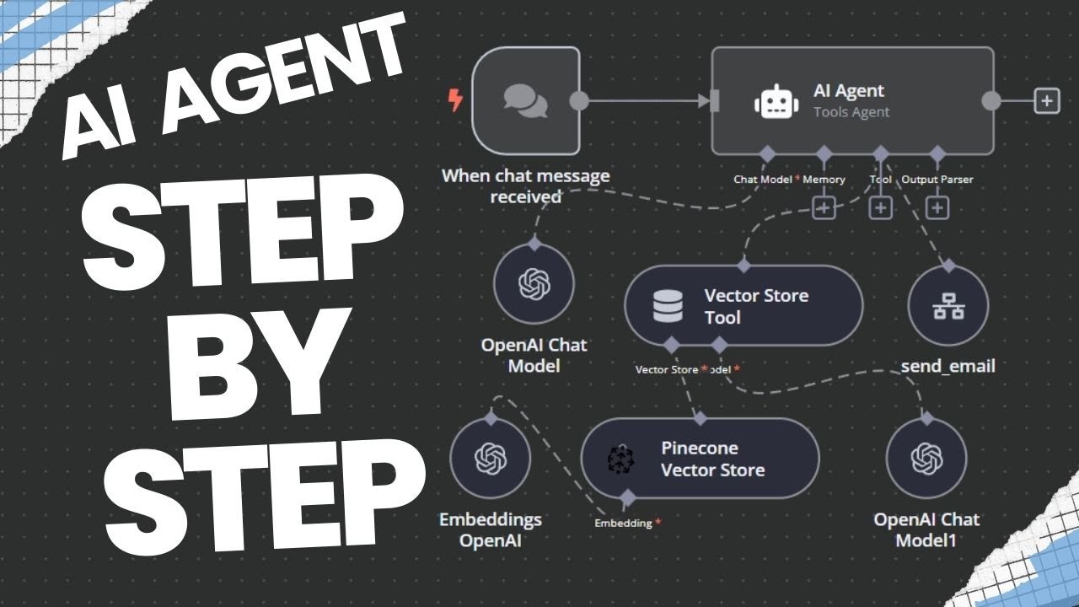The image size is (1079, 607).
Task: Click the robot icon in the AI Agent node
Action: pyautogui.click(x=776, y=101)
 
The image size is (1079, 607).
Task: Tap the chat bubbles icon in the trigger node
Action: pyautogui.click(x=525, y=100)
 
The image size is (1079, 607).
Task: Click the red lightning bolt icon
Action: pyautogui.click(x=455, y=100)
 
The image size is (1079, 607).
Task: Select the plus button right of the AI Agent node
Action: pyautogui.click(x=1047, y=100)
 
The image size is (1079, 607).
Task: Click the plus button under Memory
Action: pyautogui.click(x=824, y=208)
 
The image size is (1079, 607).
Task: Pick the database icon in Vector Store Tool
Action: pyautogui.click(x=668, y=306)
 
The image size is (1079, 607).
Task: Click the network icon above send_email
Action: pyautogui.click(x=948, y=306)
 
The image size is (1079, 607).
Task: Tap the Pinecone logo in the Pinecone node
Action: pyautogui.click(x=620, y=459)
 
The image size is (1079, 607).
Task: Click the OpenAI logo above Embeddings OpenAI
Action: pyautogui.click(x=491, y=458)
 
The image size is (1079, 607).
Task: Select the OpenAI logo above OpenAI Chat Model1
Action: pyautogui.click(x=926, y=458)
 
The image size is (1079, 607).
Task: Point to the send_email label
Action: pyautogui.click(x=948, y=366)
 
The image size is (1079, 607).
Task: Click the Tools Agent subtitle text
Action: pyautogui.click(x=851, y=112)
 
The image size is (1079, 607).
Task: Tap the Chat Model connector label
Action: pyautogui.click(x=763, y=180)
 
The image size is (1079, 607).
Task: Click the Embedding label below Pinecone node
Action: pyautogui.click(x=623, y=523)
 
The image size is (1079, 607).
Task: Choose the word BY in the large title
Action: pyautogui.click(x=260, y=363)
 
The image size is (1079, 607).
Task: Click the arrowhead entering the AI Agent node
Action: pyautogui.click(x=704, y=101)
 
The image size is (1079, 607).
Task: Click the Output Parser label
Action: pyautogui.click(x=937, y=180)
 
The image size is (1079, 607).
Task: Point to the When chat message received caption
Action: pyautogui.click(x=525, y=186)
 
